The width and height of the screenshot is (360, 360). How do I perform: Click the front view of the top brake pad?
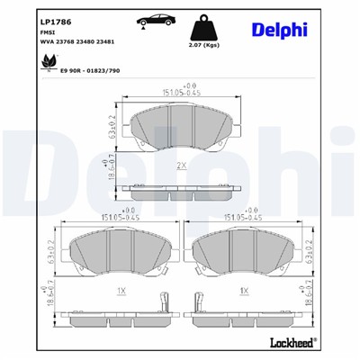(x=180, y=130)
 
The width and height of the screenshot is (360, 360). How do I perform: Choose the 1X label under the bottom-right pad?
(x=244, y=292)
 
